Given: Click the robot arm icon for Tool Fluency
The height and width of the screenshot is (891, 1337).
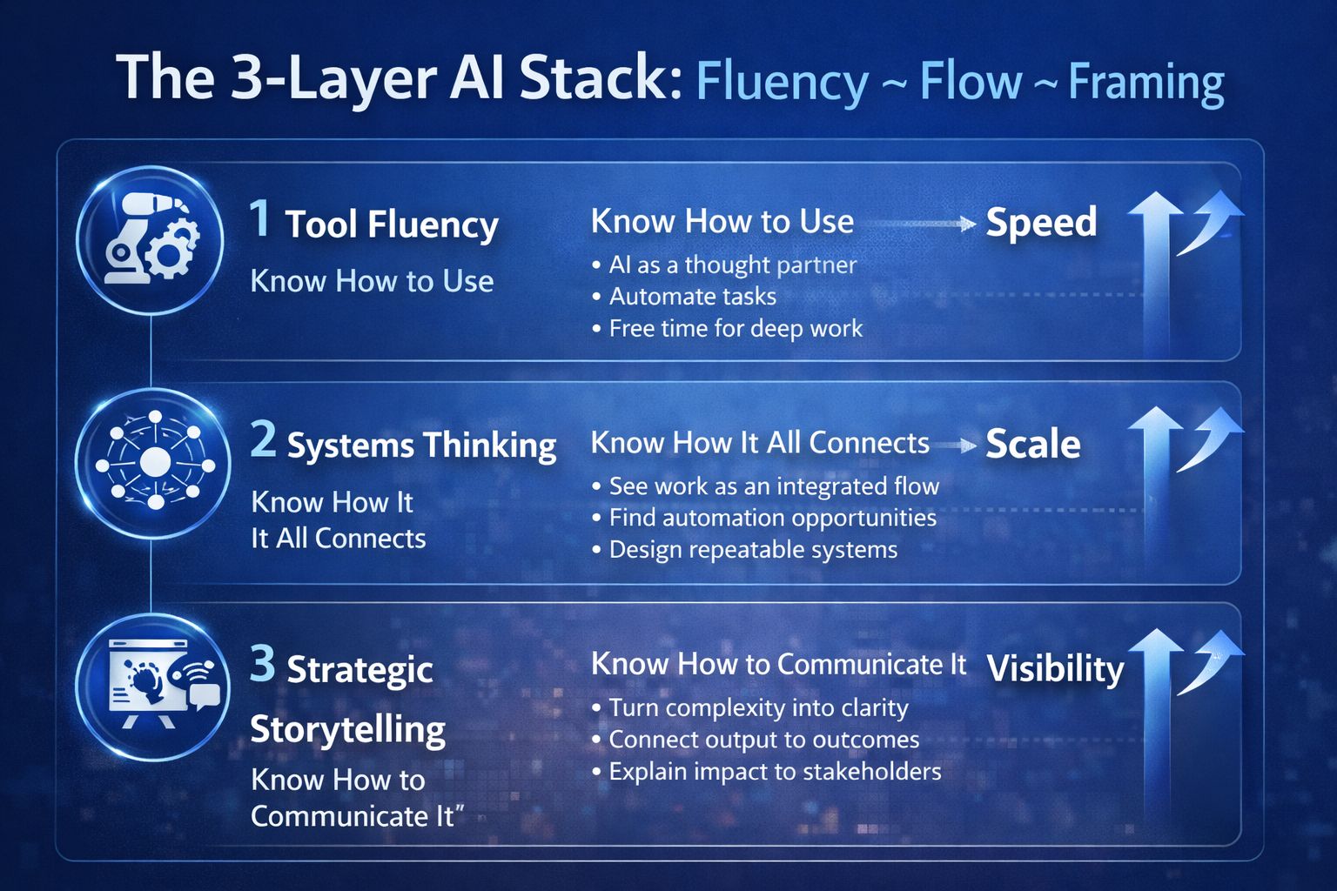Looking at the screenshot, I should [x=151, y=240].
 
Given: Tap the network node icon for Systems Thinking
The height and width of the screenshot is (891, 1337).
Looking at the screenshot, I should [x=156, y=461].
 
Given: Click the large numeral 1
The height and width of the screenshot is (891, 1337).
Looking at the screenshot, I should [x=259, y=218].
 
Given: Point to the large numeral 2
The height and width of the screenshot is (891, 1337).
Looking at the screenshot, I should [x=263, y=439].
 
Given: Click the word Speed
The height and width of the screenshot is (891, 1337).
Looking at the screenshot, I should [x=1041, y=222].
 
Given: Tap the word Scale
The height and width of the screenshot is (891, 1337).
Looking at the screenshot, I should [x=1033, y=444].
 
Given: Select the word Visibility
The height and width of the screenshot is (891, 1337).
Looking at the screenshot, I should [x=1055, y=668].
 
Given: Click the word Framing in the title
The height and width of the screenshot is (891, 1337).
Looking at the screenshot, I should [x=1146, y=83].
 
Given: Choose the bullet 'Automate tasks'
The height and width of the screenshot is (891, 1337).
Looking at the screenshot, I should [x=692, y=297].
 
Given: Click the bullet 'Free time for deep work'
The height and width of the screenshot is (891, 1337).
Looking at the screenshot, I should [x=736, y=328].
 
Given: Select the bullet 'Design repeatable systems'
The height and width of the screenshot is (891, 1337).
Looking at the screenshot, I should [x=753, y=550].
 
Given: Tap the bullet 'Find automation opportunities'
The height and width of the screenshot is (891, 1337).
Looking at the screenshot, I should [x=772, y=518].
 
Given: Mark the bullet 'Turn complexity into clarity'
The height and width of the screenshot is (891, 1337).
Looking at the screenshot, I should [x=758, y=707].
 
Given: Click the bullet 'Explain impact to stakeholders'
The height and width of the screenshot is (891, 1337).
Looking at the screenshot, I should [x=775, y=772].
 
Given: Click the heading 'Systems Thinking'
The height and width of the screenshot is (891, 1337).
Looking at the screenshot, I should [x=421, y=445].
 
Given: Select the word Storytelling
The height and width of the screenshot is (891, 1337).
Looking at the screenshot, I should [x=348, y=729].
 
